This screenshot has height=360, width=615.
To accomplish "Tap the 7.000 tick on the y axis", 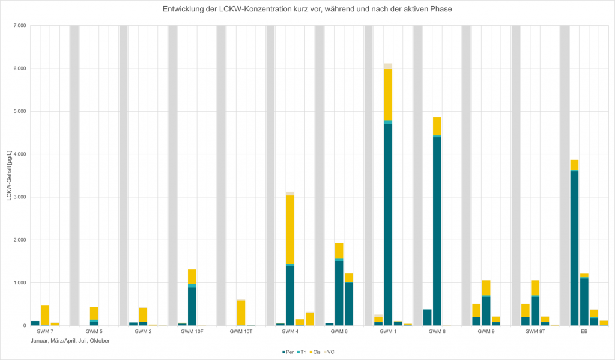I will click(x=19, y=26).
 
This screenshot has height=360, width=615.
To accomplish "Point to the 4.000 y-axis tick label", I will click(x=19, y=154).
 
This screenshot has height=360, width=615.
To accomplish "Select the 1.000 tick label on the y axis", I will click(x=19, y=283).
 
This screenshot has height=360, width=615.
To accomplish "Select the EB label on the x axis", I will click(x=584, y=331).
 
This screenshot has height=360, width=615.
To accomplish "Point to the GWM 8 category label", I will click(x=437, y=331).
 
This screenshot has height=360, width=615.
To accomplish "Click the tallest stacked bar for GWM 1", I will click(x=388, y=198).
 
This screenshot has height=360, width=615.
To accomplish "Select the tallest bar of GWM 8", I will click(x=437, y=222).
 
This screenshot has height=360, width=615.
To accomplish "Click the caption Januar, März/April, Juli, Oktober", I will click(x=70, y=341).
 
